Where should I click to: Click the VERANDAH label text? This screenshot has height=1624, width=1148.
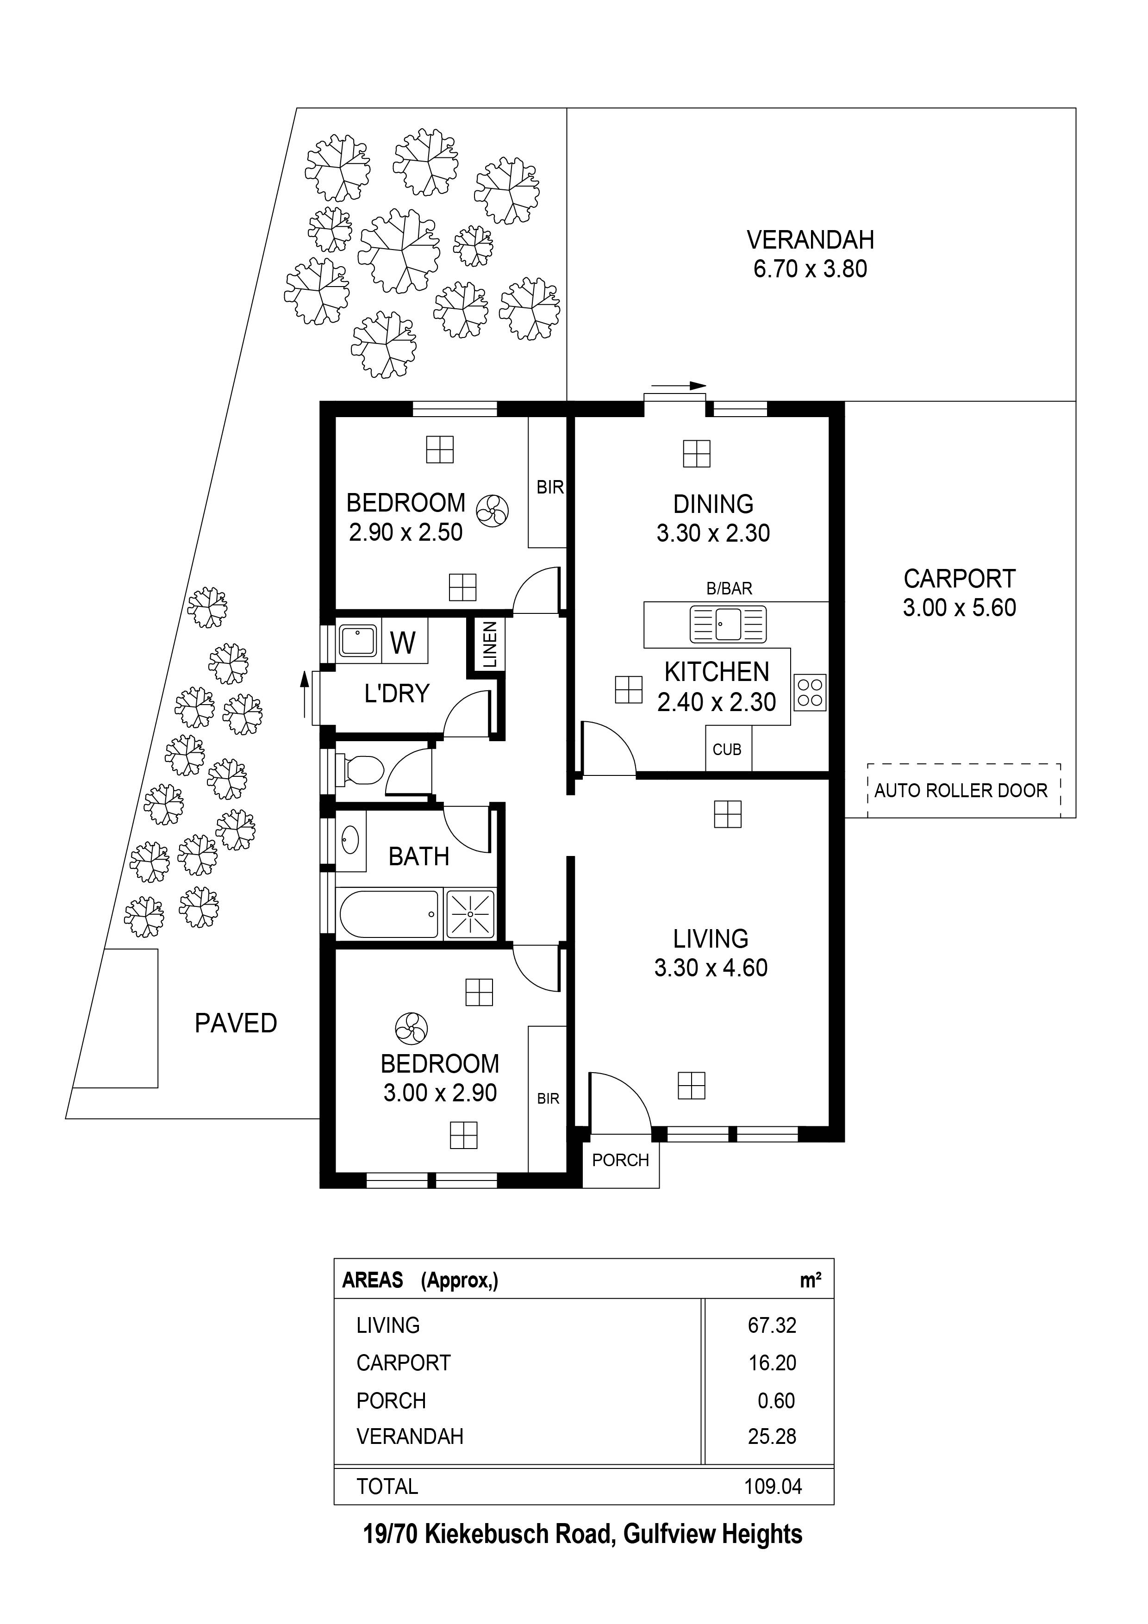point(810,240)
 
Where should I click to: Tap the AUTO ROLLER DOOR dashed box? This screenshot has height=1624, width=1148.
point(963,790)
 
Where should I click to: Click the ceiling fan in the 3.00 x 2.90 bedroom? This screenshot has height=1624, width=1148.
point(411,1029)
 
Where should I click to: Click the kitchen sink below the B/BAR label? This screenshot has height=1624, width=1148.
point(727,624)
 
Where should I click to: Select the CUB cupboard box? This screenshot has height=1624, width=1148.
point(728,749)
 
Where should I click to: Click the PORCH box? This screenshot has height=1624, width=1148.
point(620,1160)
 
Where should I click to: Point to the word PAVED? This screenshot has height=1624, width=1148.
point(236,1024)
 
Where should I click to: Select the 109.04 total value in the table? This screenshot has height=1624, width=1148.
point(773,1486)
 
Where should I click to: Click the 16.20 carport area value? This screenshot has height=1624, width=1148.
point(773,1363)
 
